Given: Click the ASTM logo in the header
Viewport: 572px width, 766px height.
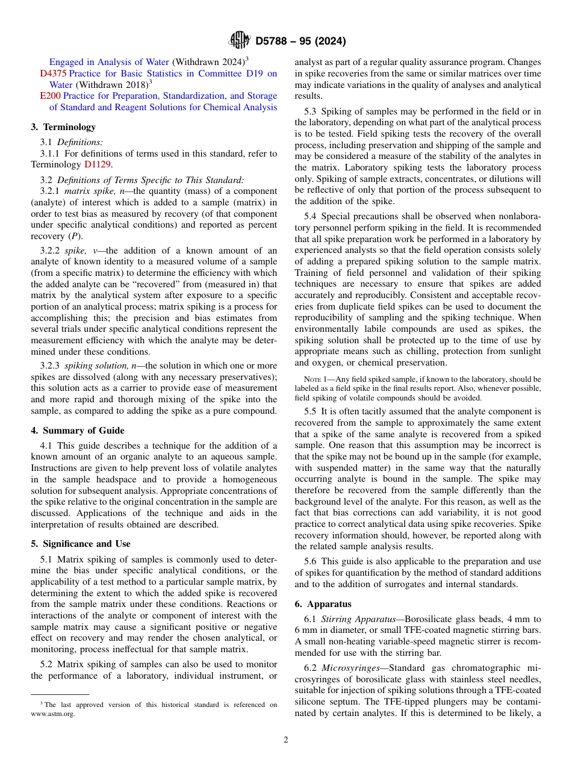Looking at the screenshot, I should (x=240, y=41).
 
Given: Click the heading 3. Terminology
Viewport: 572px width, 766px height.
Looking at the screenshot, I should (x=63, y=126).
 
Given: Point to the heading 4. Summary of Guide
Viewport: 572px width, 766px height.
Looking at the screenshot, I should (x=78, y=430).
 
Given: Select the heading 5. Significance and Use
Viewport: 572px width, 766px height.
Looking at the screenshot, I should (x=81, y=543).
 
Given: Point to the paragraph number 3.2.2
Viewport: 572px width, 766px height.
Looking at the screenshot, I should (x=50, y=251).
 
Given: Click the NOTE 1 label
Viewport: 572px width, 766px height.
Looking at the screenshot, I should (x=317, y=379).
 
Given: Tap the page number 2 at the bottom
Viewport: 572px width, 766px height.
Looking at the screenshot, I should (x=286, y=740).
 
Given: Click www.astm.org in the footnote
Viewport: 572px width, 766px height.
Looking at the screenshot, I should (x=58, y=714).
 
